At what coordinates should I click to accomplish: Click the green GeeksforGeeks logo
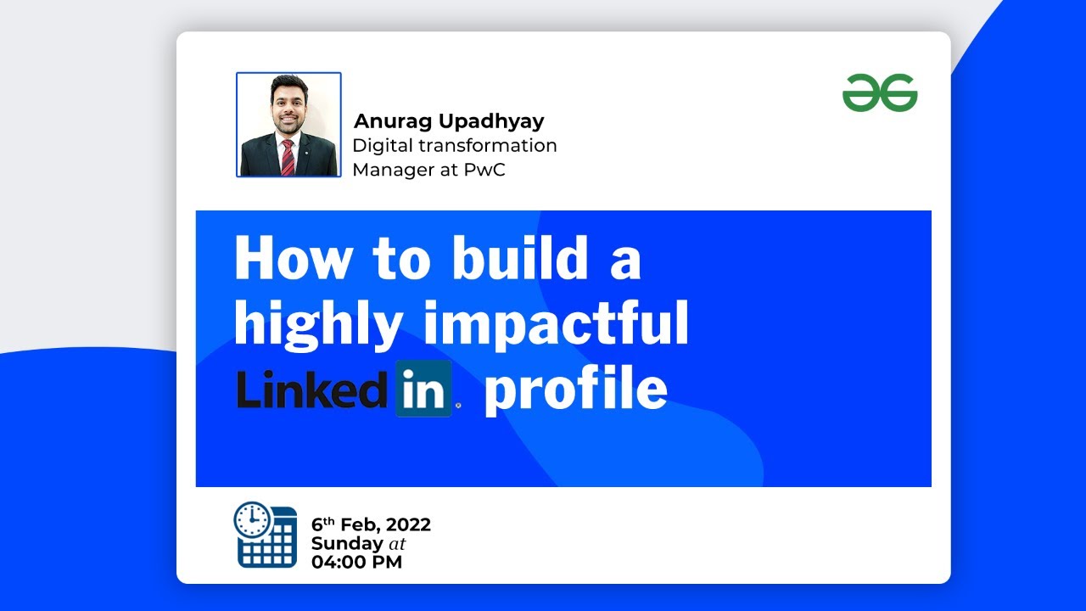click(880, 92)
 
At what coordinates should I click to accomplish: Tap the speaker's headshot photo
click(289, 125)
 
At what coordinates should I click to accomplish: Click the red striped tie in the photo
click(288, 157)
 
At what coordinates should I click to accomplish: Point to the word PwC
click(484, 170)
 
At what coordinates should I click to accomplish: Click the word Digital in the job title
click(383, 146)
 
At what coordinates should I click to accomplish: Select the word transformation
click(488, 145)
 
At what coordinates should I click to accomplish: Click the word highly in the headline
click(318, 324)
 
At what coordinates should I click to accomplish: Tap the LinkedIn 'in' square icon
click(423, 389)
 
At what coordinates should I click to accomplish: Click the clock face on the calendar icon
click(252, 519)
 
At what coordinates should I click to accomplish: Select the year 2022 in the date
click(408, 524)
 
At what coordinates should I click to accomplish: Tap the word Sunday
click(347, 544)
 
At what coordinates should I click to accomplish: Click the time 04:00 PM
click(357, 563)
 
